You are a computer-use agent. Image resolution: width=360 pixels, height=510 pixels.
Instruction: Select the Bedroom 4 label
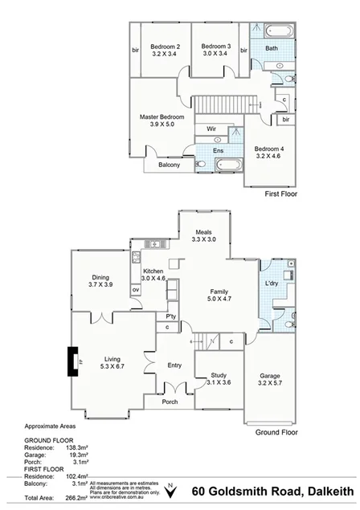coord(269,149)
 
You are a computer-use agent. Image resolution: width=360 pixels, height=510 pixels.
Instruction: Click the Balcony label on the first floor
coord(169,165)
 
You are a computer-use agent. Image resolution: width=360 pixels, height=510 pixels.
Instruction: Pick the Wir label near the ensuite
coord(211,129)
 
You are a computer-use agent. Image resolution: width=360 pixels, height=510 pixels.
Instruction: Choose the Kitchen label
coord(153,271)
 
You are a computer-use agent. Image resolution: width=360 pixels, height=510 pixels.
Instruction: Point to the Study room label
coord(219,375)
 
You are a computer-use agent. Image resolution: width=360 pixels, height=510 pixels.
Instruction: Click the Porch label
coord(170,402)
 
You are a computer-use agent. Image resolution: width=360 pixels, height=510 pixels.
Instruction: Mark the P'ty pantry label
coord(172,316)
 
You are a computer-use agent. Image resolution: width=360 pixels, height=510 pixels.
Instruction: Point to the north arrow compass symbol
coord(170,491)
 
